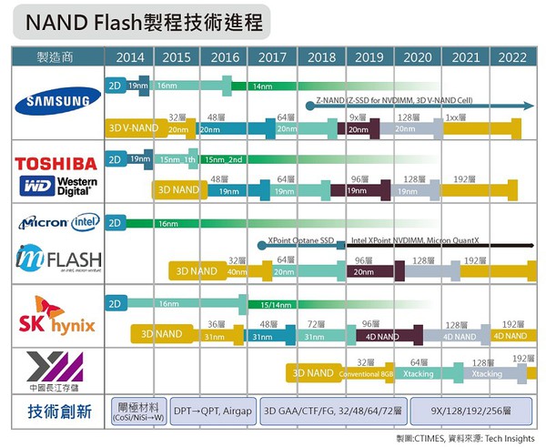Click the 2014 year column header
click(130, 56)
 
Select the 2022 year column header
click(511, 56)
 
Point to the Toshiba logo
click(56, 163)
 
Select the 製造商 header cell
click(56, 56)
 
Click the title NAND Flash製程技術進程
click(140, 21)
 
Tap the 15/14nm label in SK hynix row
click(276, 303)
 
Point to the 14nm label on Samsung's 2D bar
click(262, 86)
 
